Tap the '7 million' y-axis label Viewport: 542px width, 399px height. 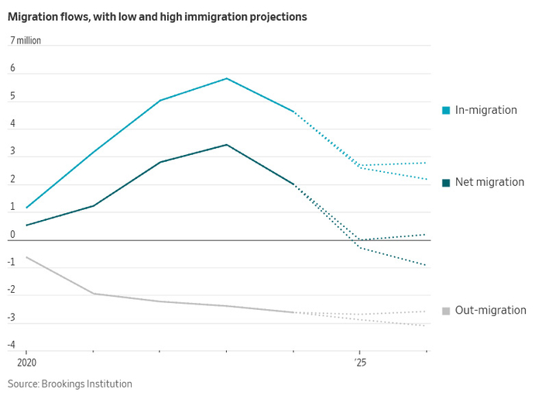coord(26,40)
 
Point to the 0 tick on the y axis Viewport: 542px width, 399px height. coord(12,235)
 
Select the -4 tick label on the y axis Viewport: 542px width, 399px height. coord(12,345)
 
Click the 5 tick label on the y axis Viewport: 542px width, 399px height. coord(12,96)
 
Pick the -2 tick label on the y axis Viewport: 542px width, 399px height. coord(12,290)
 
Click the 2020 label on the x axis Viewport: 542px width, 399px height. coord(26,362)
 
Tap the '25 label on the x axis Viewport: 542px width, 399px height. coord(360,362)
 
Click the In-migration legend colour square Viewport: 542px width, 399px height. coord(446,111)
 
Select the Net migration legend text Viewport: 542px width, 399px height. coord(489,182)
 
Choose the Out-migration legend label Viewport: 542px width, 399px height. coord(490,311)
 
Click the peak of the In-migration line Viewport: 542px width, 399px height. coord(226,78)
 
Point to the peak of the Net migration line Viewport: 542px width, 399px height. coord(226,145)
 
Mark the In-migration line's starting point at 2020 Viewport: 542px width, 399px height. coord(26,208)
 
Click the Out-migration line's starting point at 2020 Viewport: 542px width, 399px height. coord(26,257)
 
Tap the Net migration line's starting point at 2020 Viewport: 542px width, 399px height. coord(26,225)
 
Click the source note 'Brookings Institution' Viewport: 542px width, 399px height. coord(86,384)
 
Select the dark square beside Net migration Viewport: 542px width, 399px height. coord(446,183)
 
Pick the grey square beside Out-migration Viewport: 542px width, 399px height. coord(446,311)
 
